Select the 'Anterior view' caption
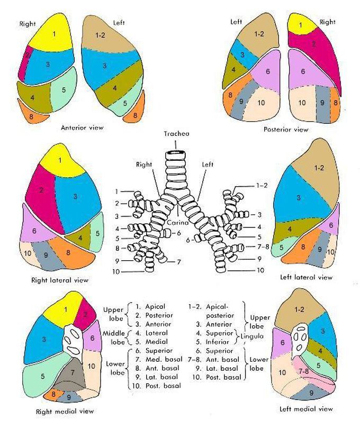pos(82,127)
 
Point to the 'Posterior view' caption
pos(286,129)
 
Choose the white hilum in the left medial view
pos(300,338)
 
